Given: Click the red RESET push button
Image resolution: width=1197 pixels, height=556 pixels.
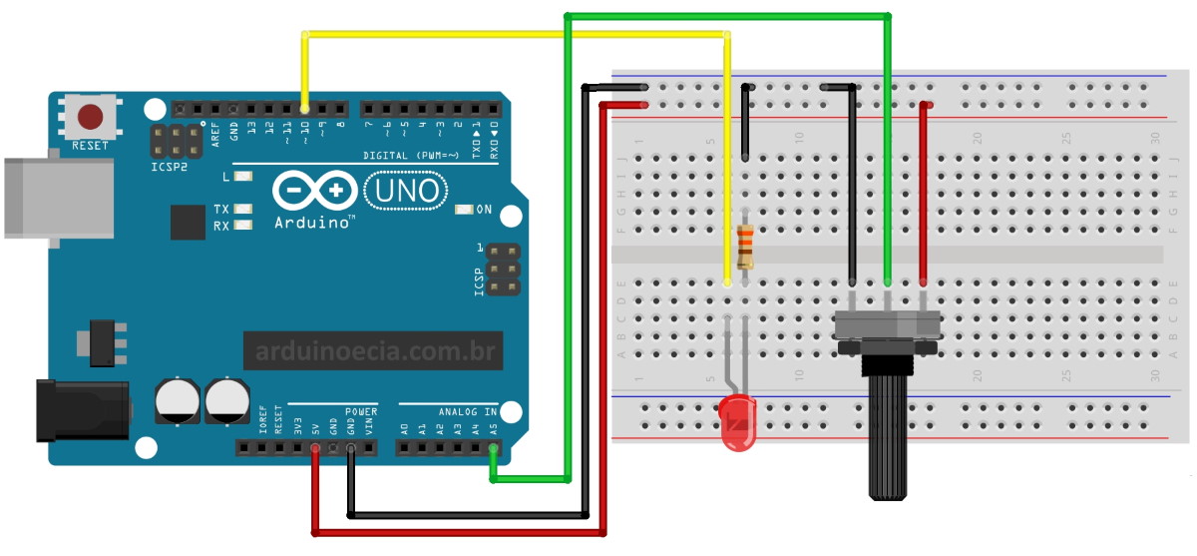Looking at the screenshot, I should [90, 117].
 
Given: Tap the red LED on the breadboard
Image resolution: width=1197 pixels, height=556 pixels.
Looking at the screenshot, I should [736, 424].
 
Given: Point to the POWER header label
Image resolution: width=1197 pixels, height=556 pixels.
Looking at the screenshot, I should [361, 411].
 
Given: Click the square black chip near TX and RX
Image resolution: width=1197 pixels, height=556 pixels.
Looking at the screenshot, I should [187, 222].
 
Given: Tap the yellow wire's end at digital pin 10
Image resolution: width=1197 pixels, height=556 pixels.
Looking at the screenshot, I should [305, 108].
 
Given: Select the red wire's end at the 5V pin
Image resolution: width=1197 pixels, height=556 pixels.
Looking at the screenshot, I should [315, 449].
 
